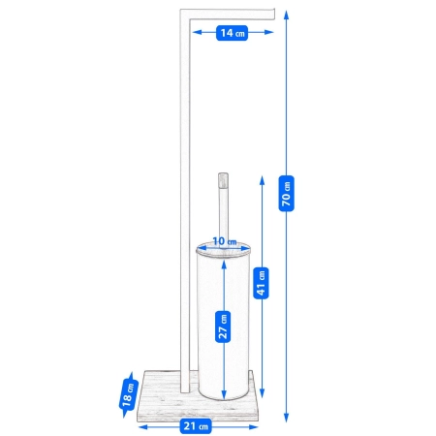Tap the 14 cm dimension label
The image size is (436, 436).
(x=232, y=33)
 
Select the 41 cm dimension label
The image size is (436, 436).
(x=261, y=281)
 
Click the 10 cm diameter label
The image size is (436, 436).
(x=224, y=240)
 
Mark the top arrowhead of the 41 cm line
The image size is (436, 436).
(x=261, y=177)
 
